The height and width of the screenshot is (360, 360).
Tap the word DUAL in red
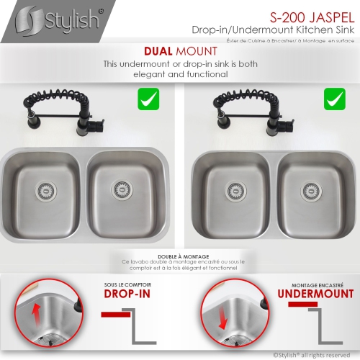point(159,51)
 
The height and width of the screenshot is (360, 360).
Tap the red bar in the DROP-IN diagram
point(115,315)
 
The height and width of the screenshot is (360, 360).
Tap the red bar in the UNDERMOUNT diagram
point(302,305)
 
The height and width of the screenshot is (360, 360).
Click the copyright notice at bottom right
point(312,354)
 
